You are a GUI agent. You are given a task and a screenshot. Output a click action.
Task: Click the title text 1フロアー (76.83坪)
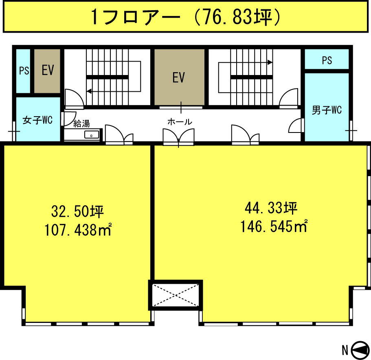(x=186, y=17)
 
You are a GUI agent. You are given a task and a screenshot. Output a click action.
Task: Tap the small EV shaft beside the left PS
(x=47, y=71)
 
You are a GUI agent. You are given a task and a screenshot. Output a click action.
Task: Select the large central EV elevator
(x=179, y=77)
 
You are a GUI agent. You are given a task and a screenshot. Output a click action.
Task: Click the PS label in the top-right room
(x=327, y=60)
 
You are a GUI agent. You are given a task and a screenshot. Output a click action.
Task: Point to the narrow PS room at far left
(x=23, y=71)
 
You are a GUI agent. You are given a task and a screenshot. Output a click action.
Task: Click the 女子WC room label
(x=37, y=120)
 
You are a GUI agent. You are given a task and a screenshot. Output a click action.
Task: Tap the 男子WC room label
(x=327, y=110)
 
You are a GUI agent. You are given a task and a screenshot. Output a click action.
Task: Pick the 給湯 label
(x=81, y=124)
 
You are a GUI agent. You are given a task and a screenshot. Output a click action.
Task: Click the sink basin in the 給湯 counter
(x=92, y=135)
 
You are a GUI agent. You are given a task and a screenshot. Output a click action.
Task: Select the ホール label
(x=180, y=122)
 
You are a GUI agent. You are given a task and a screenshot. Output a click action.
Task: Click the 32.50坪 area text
(x=78, y=211)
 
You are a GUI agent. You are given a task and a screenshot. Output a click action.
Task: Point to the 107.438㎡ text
(x=78, y=230)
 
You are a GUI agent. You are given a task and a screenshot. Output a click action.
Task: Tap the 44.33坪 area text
(x=271, y=208)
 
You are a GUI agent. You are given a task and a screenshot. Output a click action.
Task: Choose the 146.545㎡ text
(x=274, y=226)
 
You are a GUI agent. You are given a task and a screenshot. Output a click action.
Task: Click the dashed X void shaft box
(x=176, y=295)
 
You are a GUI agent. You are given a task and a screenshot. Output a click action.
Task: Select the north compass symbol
(x=360, y=351)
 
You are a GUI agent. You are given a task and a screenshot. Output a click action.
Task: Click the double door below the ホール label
(x=179, y=137)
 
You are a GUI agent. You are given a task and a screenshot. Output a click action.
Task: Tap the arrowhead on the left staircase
(x=89, y=91)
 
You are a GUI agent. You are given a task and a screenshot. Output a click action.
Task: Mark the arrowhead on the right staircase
(x=270, y=62)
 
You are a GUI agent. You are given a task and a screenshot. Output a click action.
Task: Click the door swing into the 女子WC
(x=68, y=118)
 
